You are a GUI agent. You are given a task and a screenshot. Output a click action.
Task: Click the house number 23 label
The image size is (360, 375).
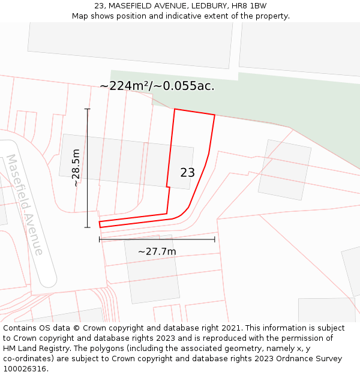tap(187, 173)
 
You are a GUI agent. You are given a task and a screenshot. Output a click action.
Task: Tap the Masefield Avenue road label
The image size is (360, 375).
tap(25, 205)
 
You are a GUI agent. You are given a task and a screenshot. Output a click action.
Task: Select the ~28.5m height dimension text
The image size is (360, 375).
tap(76, 168)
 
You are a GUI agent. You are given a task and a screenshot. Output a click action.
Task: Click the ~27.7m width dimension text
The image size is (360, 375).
tap(157, 251)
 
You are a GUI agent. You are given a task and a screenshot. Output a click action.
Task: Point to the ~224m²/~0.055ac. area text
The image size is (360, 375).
tap(157, 86)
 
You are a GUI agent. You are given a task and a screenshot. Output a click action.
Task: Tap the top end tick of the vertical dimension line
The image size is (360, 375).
tap(88, 109)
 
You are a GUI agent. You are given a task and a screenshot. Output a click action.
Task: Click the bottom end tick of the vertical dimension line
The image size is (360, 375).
tap(88, 227)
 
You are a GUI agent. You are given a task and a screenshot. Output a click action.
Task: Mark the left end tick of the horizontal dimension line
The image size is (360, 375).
tap(100, 239)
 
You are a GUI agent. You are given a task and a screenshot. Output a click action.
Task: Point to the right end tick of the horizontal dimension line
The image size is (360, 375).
tap(215, 239)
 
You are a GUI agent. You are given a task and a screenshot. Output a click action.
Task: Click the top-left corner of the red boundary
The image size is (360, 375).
tap(175, 109)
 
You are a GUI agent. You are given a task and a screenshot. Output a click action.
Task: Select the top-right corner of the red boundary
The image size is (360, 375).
tap(214, 115)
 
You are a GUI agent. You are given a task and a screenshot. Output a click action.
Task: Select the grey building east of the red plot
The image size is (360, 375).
tap(284, 170)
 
